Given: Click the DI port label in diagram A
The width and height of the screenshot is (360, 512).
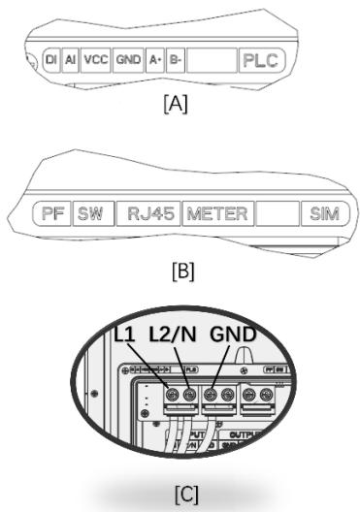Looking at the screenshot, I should [51, 60].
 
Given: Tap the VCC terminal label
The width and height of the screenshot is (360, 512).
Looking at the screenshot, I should [95, 60].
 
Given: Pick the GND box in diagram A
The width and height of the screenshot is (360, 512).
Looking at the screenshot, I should [128, 60].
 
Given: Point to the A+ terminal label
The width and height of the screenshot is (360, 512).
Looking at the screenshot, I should [154, 60].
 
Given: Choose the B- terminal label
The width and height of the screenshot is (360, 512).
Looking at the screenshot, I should [175, 60].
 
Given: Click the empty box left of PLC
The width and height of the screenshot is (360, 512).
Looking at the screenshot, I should [211, 60].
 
